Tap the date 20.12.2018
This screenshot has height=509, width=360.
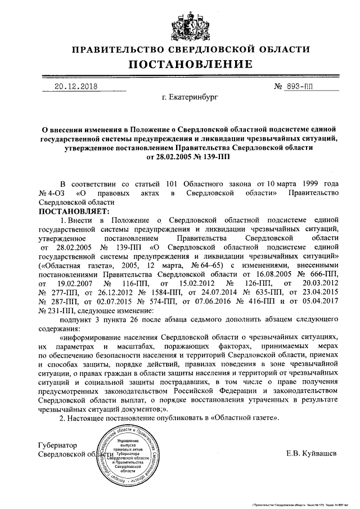tap(76, 87)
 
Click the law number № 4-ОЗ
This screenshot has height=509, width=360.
tap(51, 193)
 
